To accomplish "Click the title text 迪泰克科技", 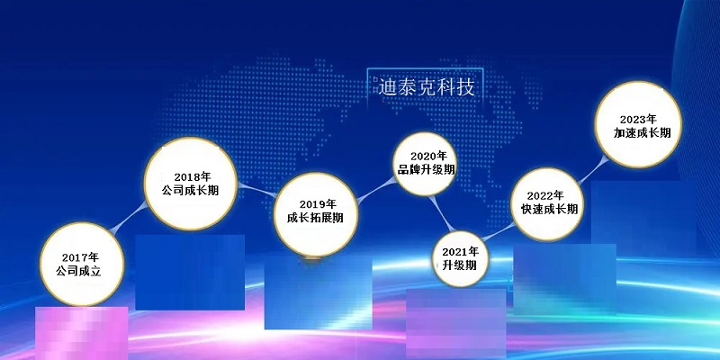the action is [x=426, y=86].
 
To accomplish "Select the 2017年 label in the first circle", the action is [x=80, y=257].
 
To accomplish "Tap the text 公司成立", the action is [x=78, y=271].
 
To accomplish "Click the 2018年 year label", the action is [x=193, y=176].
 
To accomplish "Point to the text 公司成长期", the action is [x=190, y=190].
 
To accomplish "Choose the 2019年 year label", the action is [x=318, y=204].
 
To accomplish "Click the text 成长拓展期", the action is [x=315, y=218].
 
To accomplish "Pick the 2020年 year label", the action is [x=429, y=156].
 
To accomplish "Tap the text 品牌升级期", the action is [x=426, y=169].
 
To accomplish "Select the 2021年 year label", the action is [x=461, y=252].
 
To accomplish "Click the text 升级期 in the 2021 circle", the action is [x=460, y=265].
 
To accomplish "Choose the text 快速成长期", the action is [x=549, y=209].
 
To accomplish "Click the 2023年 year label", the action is [x=638, y=120].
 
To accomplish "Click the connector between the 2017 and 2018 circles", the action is [x=130, y=218].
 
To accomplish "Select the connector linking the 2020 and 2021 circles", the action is [x=442, y=214].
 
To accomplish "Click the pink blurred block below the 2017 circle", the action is [x=82, y=333].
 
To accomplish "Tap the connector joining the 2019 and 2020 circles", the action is [x=376, y=190].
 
